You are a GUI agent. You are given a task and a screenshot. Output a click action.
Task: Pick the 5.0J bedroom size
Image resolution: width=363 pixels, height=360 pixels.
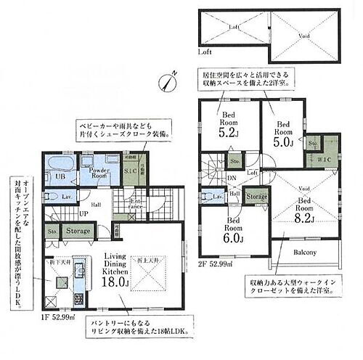point(283,142)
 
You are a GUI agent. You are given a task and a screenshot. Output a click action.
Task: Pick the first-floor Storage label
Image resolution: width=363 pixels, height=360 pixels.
point(78,232)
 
